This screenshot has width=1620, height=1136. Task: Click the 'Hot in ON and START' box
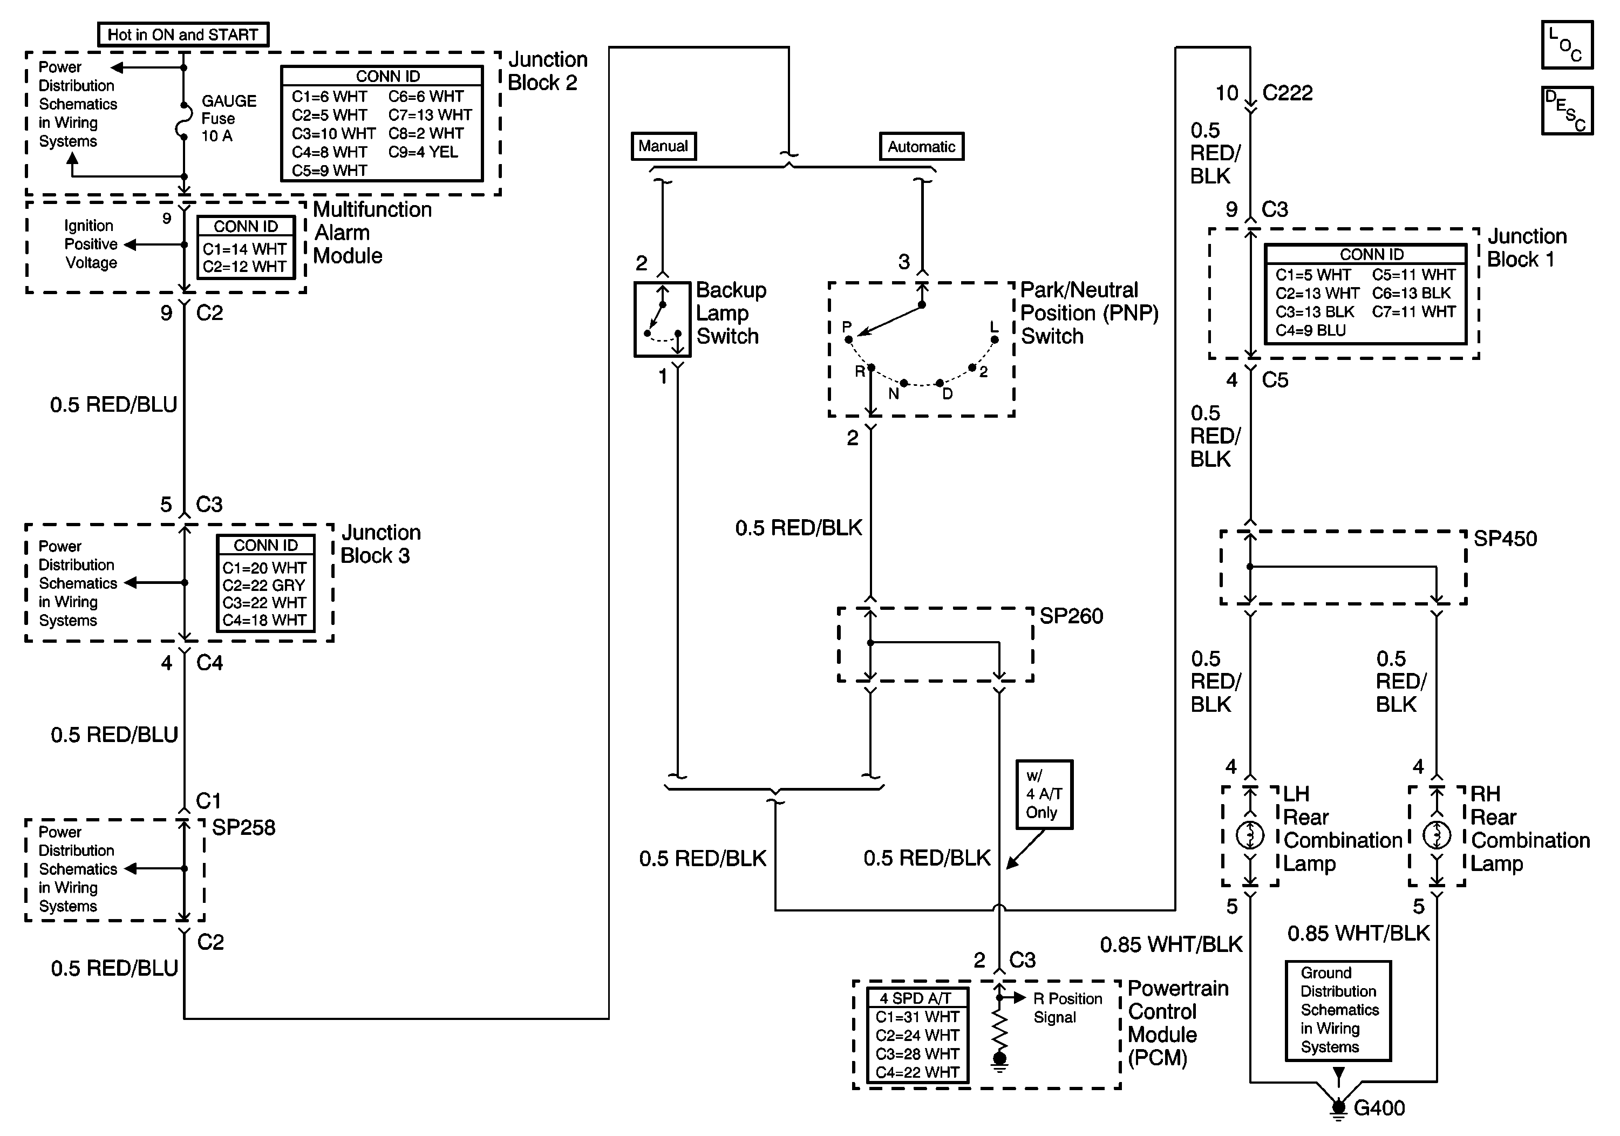pyautogui.click(x=183, y=35)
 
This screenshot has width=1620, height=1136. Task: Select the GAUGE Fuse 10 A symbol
pyautogui.click(x=183, y=121)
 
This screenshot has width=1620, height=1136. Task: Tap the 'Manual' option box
pyautogui.click(x=663, y=146)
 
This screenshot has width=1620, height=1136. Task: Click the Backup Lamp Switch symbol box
pyautogui.click(x=662, y=319)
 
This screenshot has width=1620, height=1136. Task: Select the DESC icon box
pyautogui.click(x=1567, y=111)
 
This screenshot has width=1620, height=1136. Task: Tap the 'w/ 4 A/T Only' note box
pyautogui.click(x=1044, y=794)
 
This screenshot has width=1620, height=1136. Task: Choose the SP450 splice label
pyautogui.click(x=1505, y=539)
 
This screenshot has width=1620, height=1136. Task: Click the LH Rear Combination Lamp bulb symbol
pyautogui.click(x=1250, y=836)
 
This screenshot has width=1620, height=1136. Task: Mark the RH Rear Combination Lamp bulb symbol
pyautogui.click(x=1437, y=836)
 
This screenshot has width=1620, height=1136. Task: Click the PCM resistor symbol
pyautogui.click(x=999, y=1031)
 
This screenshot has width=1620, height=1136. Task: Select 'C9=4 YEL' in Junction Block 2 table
pyautogui.click(x=423, y=152)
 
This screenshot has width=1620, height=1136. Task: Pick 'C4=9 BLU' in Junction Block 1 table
pyautogui.click(x=1310, y=330)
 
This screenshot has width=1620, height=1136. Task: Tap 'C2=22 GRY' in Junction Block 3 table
pyautogui.click(x=263, y=586)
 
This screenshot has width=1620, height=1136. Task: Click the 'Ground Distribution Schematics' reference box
pyautogui.click(x=1338, y=1010)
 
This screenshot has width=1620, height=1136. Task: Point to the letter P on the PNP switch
pyautogui.click(x=847, y=326)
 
